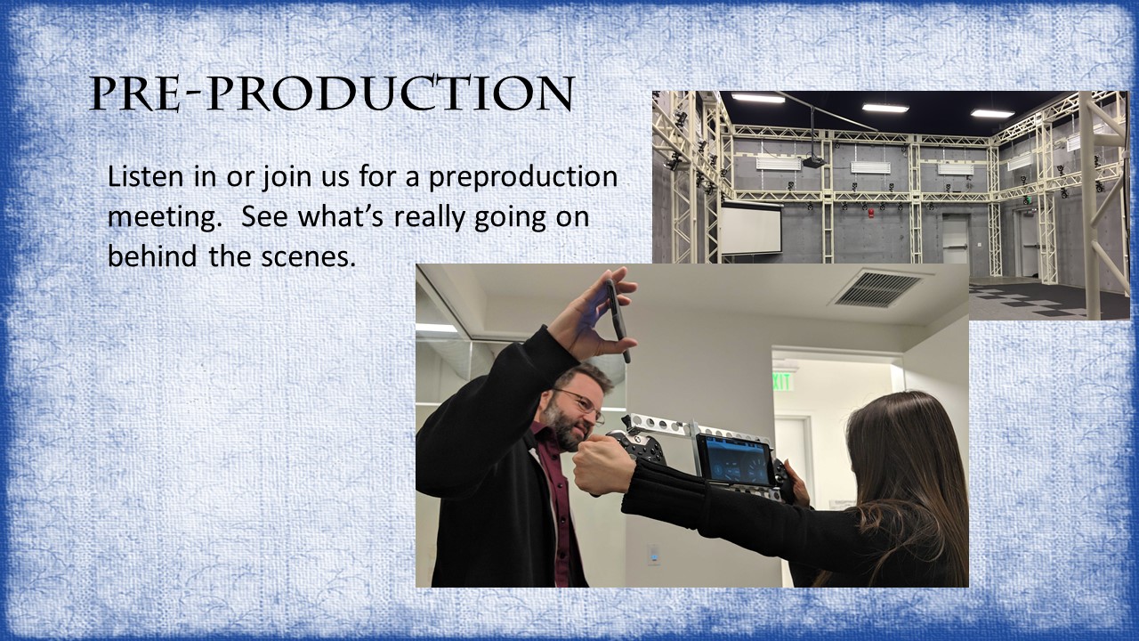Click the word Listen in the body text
145,176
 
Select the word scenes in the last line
308,256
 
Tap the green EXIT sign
783,382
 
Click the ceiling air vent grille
878,288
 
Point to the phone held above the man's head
618,320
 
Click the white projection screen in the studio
751,229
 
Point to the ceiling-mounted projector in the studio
814,162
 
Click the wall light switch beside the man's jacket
653,555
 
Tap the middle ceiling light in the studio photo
885,108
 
